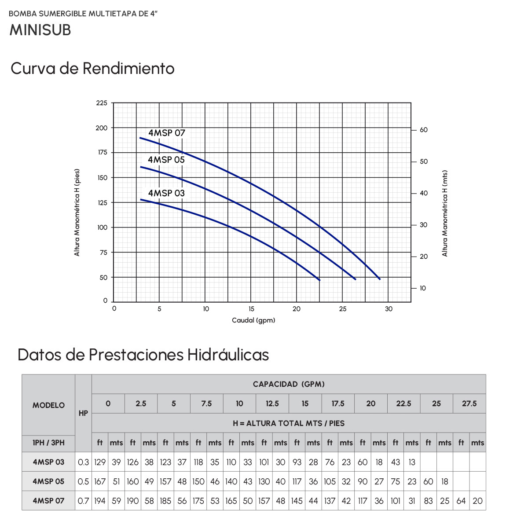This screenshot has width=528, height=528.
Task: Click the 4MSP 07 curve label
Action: point(167,133)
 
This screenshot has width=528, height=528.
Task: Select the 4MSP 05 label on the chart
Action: point(166,160)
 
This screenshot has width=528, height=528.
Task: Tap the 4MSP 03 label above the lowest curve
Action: point(166,193)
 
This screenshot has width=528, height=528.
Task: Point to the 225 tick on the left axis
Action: point(102,103)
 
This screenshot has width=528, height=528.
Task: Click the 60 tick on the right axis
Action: point(424,130)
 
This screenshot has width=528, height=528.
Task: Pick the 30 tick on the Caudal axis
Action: point(389,309)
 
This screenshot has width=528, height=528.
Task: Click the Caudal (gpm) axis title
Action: point(253,320)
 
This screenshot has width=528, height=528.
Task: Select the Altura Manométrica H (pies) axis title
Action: point(77,213)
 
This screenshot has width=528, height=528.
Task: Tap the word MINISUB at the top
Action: point(40,30)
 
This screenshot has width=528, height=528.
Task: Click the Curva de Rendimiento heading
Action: point(92,69)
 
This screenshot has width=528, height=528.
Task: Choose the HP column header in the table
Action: point(83,413)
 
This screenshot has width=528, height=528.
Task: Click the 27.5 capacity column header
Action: point(469,403)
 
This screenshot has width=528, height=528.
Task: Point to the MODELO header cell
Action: point(48,405)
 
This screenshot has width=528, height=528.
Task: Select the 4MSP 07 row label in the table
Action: point(48,501)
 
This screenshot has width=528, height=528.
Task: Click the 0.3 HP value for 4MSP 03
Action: point(83,462)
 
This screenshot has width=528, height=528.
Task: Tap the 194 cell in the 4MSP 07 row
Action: point(100,501)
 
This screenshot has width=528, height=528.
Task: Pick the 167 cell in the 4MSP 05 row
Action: point(100,481)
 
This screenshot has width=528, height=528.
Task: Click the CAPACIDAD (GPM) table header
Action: point(289,384)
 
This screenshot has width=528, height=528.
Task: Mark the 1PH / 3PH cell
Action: point(48,443)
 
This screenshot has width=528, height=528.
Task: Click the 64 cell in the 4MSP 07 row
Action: point(461,501)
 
